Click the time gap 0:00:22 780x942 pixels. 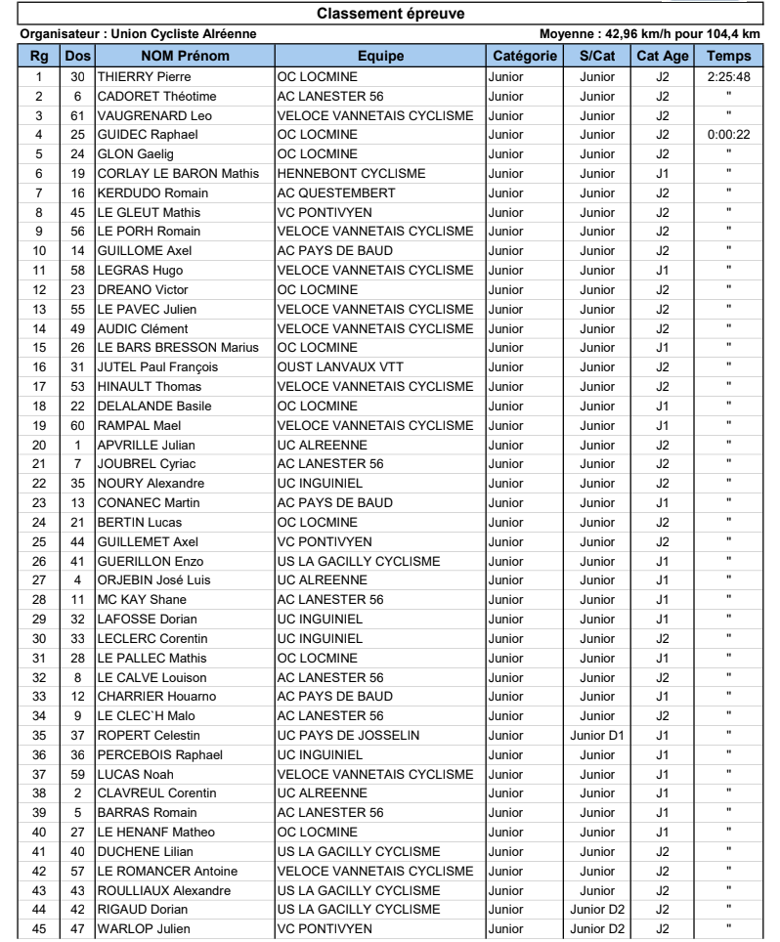tap(729, 135)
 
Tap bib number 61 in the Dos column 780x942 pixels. tap(76, 115)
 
